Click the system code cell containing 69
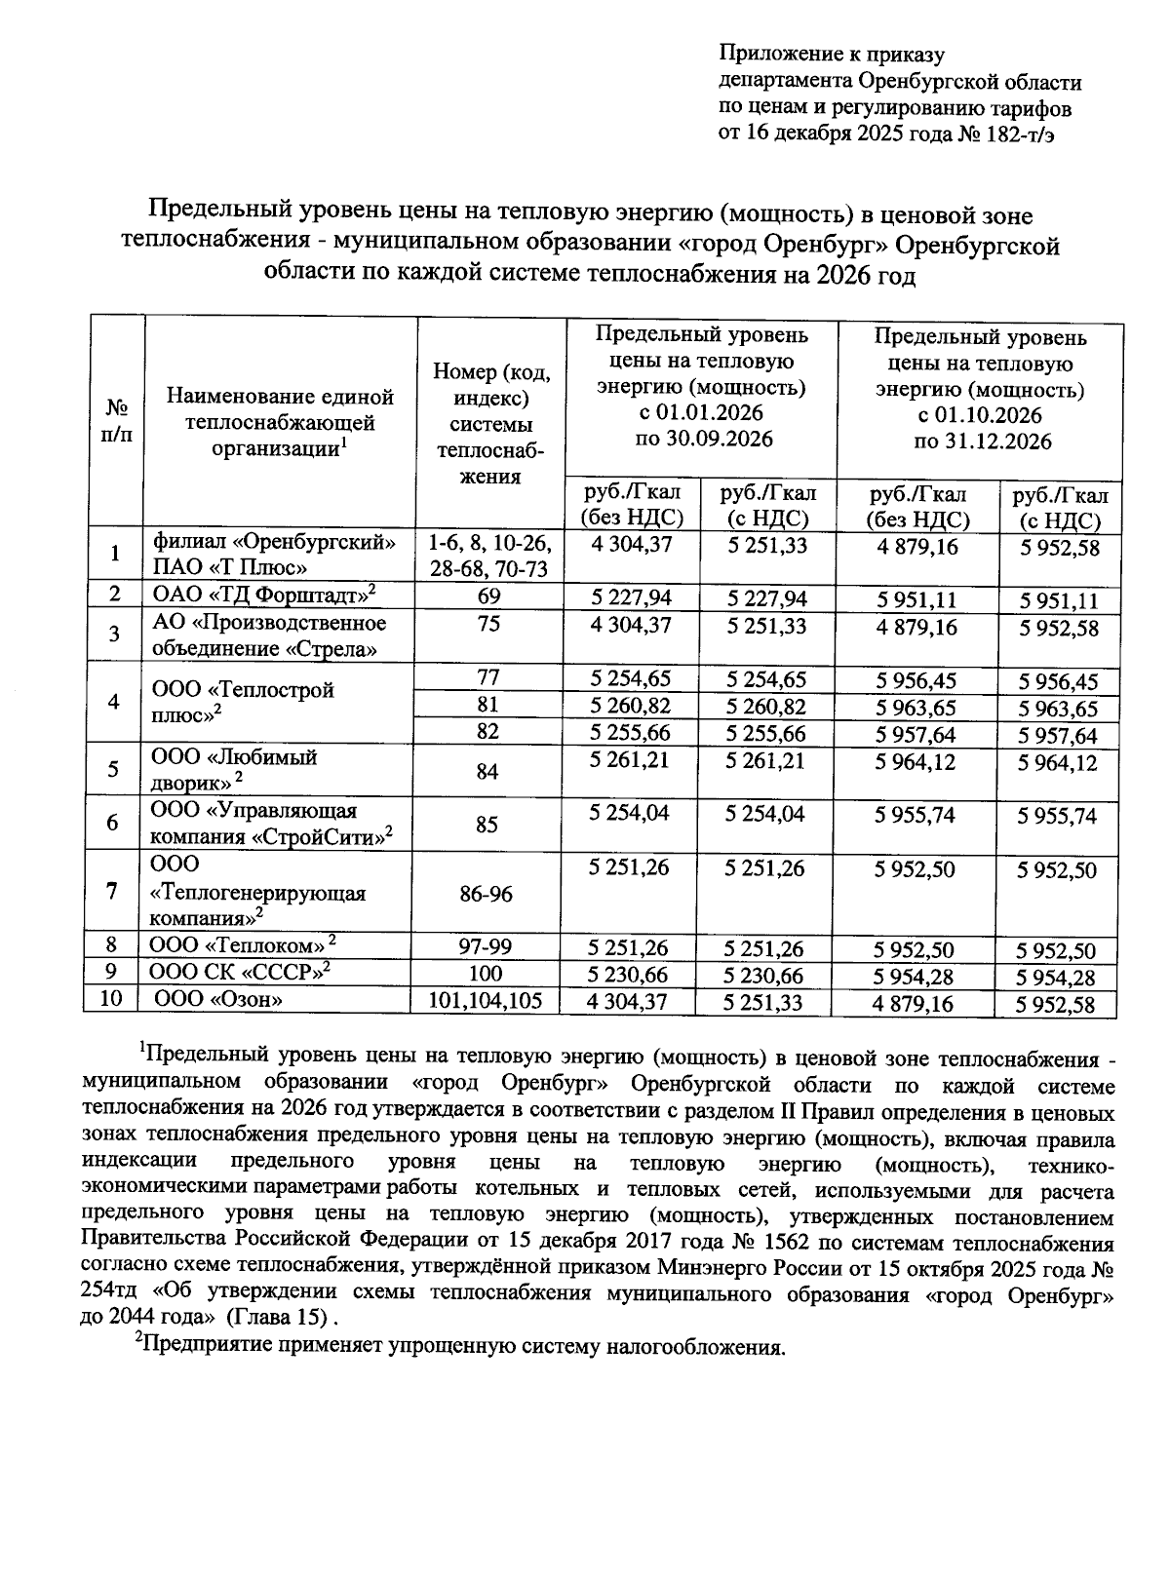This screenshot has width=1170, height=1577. pyautogui.click(x=489, y=596)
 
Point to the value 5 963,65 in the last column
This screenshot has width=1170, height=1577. pyautogui.click(x=1058, y=709)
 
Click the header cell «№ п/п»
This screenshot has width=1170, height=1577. pyautogui.click(x=116, y=420)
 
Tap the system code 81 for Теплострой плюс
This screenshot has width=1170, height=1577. pyautogui.click(x=489, y=704)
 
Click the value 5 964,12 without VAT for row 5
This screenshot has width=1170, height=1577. pyautogui.click(x=916, y=762)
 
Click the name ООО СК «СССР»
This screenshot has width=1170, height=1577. pyautogui.click(x=238, y=972)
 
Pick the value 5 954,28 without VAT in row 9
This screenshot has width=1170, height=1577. pyautogui.click(x=916, y=977)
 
